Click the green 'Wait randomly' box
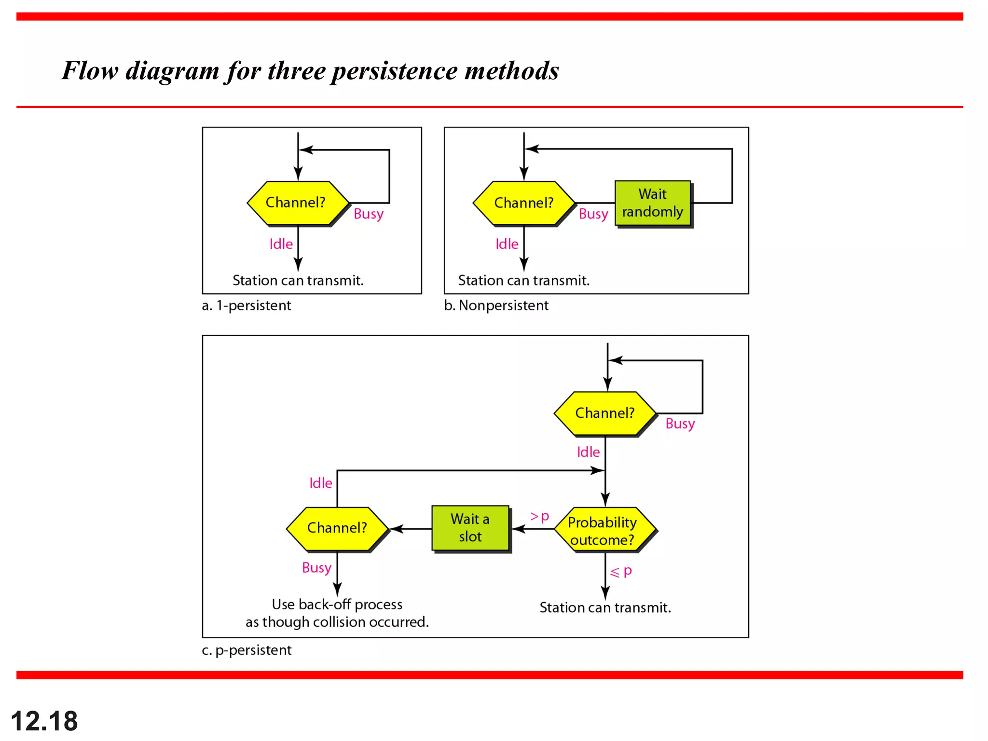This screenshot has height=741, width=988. click(x=653, y=203)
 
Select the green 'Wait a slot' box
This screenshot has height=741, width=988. click(x=470, y=528)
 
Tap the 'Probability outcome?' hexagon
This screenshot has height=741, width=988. click(x=604, y=530)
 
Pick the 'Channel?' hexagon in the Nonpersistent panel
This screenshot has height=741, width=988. click(x=523, y=203)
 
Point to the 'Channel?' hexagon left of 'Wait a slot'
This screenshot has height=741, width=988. click(x=337, y=528)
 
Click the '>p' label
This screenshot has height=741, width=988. click(x=540, y=517)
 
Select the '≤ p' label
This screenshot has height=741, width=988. click(x=621, y=572)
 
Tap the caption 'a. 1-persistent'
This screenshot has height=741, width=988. click(x=247, y=305)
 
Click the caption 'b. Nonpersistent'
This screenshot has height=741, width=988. click(x=496, y=305)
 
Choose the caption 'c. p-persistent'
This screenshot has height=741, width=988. click(x=247, y=650)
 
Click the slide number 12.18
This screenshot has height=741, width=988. click(x=44, y=721)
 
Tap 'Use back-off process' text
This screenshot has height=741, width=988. click(x=337, y=604)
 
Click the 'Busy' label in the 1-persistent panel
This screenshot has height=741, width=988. click(x=369, y=214)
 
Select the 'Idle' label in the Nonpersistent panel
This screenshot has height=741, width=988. click(x=507, y=244)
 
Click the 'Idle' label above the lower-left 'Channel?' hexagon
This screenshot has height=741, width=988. click(x=320, y=483)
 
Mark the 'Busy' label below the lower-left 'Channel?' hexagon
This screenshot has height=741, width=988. click(x=316, y=568)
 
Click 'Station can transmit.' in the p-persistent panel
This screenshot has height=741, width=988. click(x=605, y=607)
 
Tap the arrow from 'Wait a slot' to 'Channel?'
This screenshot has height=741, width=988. click(x=411, y=529)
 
